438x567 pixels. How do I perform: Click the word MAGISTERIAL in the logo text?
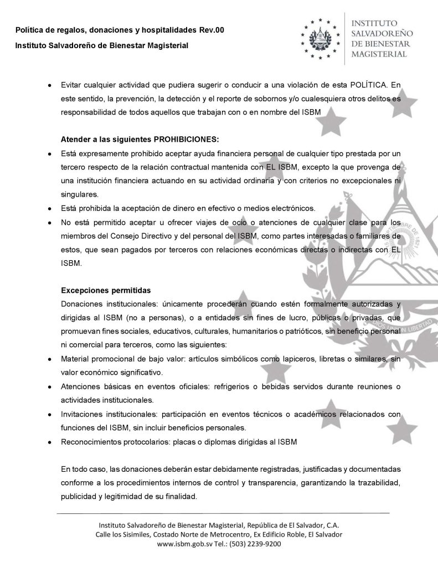tap(380, 54)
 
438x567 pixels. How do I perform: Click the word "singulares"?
tap(80, 194)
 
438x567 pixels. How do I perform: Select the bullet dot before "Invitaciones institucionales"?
tap(50, 413)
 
